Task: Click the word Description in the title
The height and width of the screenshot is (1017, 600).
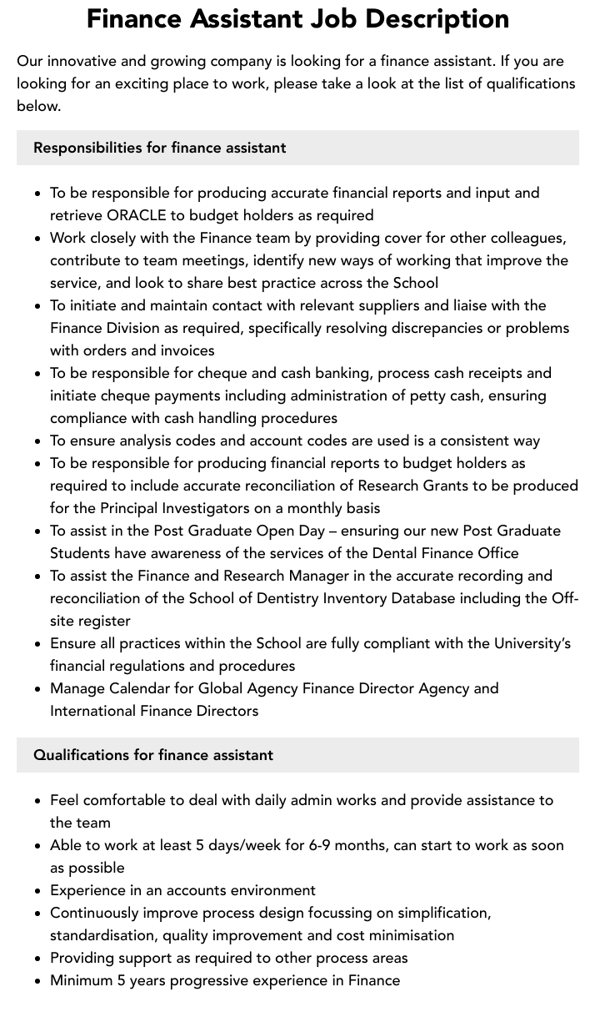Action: click(x=433, y=18)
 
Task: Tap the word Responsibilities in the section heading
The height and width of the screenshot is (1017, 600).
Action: click(x=87, y=148)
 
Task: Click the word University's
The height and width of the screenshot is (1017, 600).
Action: click(x=532, y=643)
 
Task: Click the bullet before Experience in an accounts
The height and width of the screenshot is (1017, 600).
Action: click(x=37, y=891)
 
